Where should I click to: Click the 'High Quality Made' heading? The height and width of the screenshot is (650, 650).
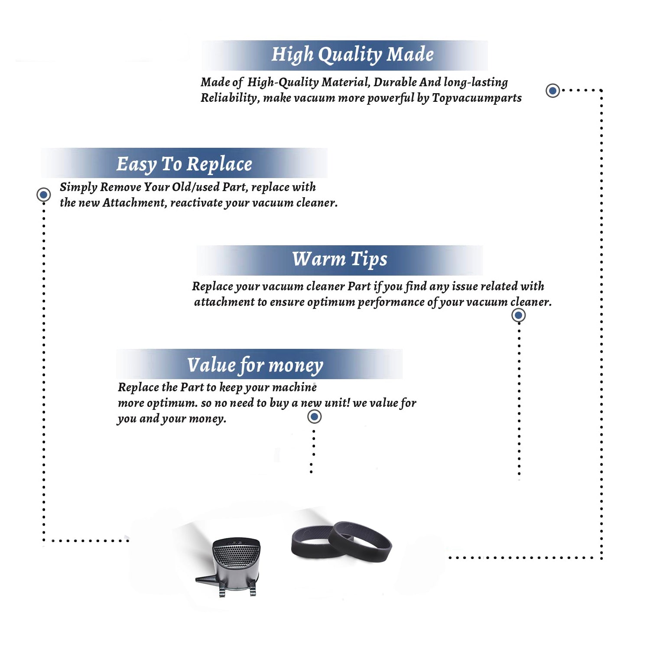tap(352, 55)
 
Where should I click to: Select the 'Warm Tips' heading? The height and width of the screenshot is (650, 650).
tap(340, 259)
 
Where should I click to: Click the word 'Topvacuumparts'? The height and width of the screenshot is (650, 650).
tap(477, 98)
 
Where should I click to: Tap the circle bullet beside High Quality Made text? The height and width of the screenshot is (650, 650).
tap(552, 91)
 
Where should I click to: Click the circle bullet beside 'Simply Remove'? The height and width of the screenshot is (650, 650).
tap(43, 195)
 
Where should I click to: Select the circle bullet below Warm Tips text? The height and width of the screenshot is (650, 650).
tap(518, 315)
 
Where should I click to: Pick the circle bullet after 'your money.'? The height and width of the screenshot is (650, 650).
tap(314, 417)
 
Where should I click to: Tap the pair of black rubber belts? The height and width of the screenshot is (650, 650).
tap(341, 542)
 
